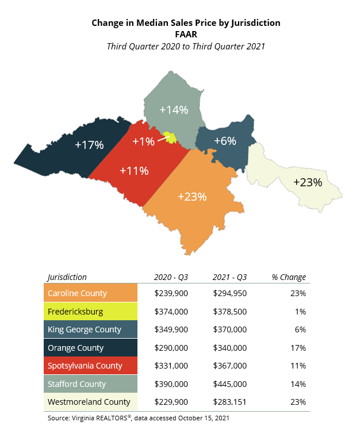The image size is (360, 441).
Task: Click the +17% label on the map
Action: click(x=89, y=145)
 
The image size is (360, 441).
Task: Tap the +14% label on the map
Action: click(x=174, y=109)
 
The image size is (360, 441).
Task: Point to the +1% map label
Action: click(x=143, y=141)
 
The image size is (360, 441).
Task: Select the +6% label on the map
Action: click(x=225, y=141)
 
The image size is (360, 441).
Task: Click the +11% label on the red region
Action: click(x=134, y=170)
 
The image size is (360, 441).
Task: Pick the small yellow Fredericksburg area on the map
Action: click(x=169, y=137)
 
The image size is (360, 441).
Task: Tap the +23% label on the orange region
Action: click(x=192, y=197)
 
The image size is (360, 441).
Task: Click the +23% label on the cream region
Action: click(x=308, y=182)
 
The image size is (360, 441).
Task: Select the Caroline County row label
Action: click(x=78, y=293)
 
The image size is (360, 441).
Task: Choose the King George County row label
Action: click(x=85, y=329)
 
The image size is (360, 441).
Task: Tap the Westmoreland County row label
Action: click(x=89, y=402)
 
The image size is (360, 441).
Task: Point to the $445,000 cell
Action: click(x=229, y=384)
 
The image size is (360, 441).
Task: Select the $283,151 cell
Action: click(x=229, y=402)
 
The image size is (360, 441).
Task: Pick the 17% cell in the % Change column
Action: click(x=297, y=347)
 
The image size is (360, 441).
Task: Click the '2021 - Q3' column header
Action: click(x=229, y=277)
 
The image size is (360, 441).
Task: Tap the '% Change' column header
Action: click(x=289, y=277)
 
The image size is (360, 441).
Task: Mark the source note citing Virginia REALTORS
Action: click(x=138, y=418)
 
